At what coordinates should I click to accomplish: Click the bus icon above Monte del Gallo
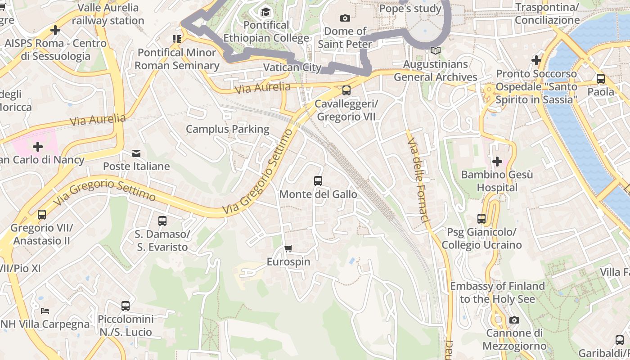point(318,181)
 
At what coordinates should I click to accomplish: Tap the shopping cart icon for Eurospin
point(288,248)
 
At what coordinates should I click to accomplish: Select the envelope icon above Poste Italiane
point(136,153)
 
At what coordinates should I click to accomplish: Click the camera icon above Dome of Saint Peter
point(345,18)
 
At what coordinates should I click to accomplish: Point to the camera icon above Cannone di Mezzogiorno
point(514,320)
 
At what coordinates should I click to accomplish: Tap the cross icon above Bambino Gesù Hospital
point(497,161)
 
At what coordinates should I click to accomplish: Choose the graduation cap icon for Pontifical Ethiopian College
point(266,12)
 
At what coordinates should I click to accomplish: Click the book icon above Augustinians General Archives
point(435,51)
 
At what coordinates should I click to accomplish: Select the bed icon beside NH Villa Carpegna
point(45,310)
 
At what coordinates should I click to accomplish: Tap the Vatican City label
point(292,67)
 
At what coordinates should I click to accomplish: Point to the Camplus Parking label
point(227,129)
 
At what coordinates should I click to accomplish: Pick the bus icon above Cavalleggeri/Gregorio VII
point(346,90)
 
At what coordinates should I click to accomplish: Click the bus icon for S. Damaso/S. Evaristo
point(162,221)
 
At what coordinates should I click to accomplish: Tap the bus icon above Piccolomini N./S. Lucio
point(126,306)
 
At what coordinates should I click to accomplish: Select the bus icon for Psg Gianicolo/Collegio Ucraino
point(481,219)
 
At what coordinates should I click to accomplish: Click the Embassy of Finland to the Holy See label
point(497,292)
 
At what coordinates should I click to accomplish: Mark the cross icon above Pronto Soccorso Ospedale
point(536,60)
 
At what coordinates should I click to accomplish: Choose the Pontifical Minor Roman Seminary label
point(177,59)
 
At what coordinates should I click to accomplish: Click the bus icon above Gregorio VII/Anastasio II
point(42,215)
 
